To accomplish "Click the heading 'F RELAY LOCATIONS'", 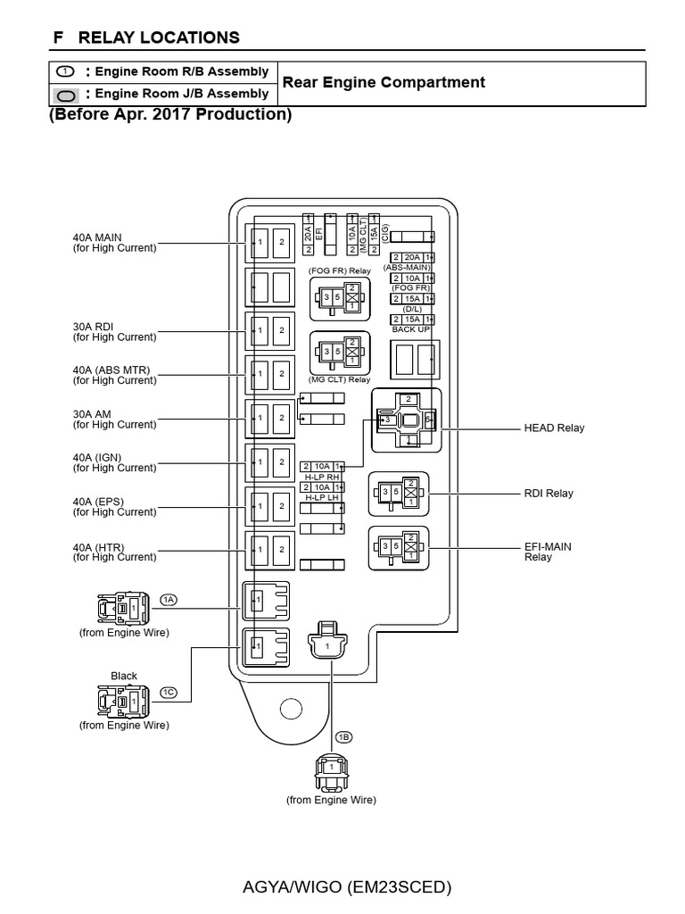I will pos(146,37).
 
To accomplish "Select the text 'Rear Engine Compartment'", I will pos(384,83).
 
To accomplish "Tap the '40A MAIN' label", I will pos(98,237).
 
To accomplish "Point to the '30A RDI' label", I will pos(94,327).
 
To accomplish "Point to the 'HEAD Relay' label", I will pos(553,428).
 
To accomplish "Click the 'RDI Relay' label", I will pos(548,494).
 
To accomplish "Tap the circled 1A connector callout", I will pos(169,599).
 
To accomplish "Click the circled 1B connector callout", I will pos(343,736).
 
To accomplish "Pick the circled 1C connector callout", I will pos(169,692).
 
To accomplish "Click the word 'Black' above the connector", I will pos(124,676).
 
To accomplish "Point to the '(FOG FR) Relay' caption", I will pos(339,270).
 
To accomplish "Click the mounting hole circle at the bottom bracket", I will pos(290,709).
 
